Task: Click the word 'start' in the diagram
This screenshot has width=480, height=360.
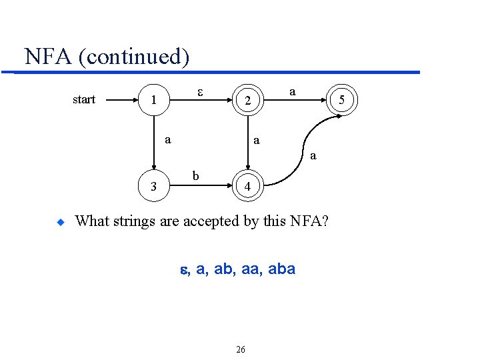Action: (x=83, y=100)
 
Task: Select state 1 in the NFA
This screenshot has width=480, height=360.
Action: (x=154, y=101)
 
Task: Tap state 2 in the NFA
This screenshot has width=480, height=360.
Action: (x=247, y=101)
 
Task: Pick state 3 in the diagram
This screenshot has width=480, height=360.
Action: (x=154, y=187)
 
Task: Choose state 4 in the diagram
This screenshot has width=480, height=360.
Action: (x=247, y=187)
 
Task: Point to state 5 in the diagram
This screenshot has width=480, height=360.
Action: (x=341, y=101)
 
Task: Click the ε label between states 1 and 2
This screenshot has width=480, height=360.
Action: (x=201, y=90)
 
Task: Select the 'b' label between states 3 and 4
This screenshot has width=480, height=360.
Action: (x=195, y=175)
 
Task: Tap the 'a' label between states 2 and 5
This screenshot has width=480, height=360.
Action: (x=293, y=89)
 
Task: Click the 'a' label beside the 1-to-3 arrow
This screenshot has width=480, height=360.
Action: (x=168, y=139)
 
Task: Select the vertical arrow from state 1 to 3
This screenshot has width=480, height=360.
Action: (x=154, y=143)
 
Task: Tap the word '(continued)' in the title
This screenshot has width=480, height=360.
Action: (x=134, y=57)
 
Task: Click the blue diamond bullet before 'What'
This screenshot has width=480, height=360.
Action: (x=59, y=222)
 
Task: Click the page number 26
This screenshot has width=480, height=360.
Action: (x=241, y=349)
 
